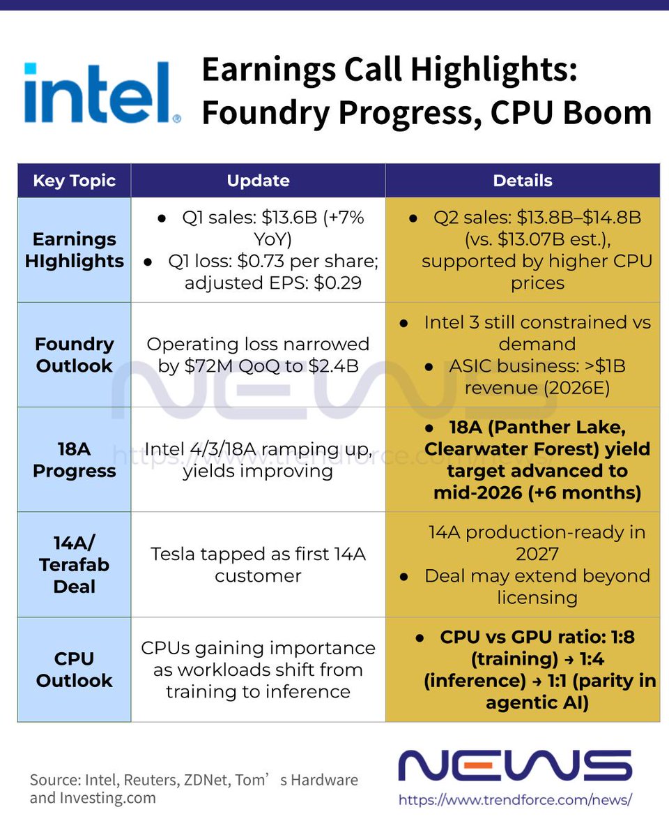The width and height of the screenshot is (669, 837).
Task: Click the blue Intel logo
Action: click(102, 94)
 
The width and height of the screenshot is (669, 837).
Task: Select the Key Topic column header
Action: click(74, 181)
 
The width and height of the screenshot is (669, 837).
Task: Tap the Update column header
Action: click(258, 181)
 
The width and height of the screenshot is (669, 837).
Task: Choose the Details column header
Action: click(523, 181)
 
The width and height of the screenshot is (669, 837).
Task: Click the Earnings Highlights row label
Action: click(74, 250)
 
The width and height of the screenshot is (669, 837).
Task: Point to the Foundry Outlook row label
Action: click(74, 354)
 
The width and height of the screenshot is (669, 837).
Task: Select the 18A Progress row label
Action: click(74, 460)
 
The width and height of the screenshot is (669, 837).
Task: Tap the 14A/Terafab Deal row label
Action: click(74, 564)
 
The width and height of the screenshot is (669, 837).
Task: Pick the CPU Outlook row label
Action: click(74, 669)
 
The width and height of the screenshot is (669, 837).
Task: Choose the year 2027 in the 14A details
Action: click(537, 554)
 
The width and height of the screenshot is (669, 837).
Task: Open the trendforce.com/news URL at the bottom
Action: click(515, 799)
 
